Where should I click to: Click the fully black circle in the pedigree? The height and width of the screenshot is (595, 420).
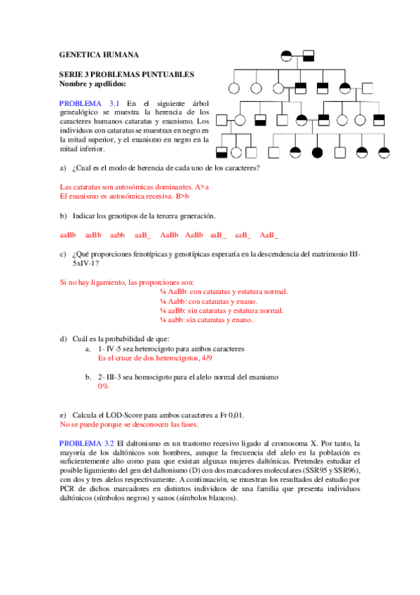317,152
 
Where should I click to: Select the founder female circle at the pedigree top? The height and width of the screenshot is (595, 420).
286,55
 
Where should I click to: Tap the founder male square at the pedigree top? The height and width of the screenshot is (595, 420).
309,55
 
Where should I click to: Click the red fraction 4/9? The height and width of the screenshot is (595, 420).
208,357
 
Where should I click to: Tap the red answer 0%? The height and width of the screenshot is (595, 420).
103,386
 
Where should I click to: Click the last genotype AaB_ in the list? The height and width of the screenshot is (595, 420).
269,235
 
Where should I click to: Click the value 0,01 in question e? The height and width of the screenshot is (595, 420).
235,415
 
